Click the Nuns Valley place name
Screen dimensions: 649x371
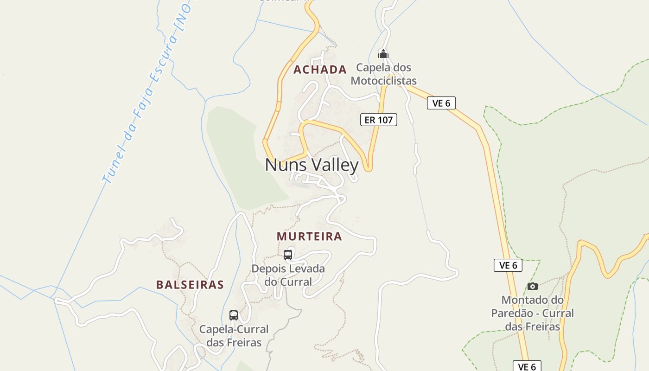point(312,165)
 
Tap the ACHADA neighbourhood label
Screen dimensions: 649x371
point(320,70)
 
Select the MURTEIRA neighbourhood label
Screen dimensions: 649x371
point(309,237)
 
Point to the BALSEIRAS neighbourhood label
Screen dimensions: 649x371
point(190,285)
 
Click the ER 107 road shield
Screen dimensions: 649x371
point(379,120)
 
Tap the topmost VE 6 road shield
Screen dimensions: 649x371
point(441,103)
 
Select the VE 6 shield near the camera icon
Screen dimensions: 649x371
point(508,265)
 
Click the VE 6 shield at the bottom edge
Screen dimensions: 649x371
point(527,366)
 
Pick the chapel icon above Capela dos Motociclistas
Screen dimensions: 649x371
point(383,54)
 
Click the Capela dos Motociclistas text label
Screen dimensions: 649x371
point(383,74)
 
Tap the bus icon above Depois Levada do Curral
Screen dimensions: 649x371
point(288,255)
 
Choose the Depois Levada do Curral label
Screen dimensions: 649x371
point(288,275)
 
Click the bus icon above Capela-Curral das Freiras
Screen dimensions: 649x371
point(234,315)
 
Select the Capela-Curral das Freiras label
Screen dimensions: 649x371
point(234,336)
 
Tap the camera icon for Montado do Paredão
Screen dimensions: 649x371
point(533,286)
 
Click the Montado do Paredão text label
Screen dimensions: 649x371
point(533,313)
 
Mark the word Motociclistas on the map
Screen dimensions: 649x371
point(383,81)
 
